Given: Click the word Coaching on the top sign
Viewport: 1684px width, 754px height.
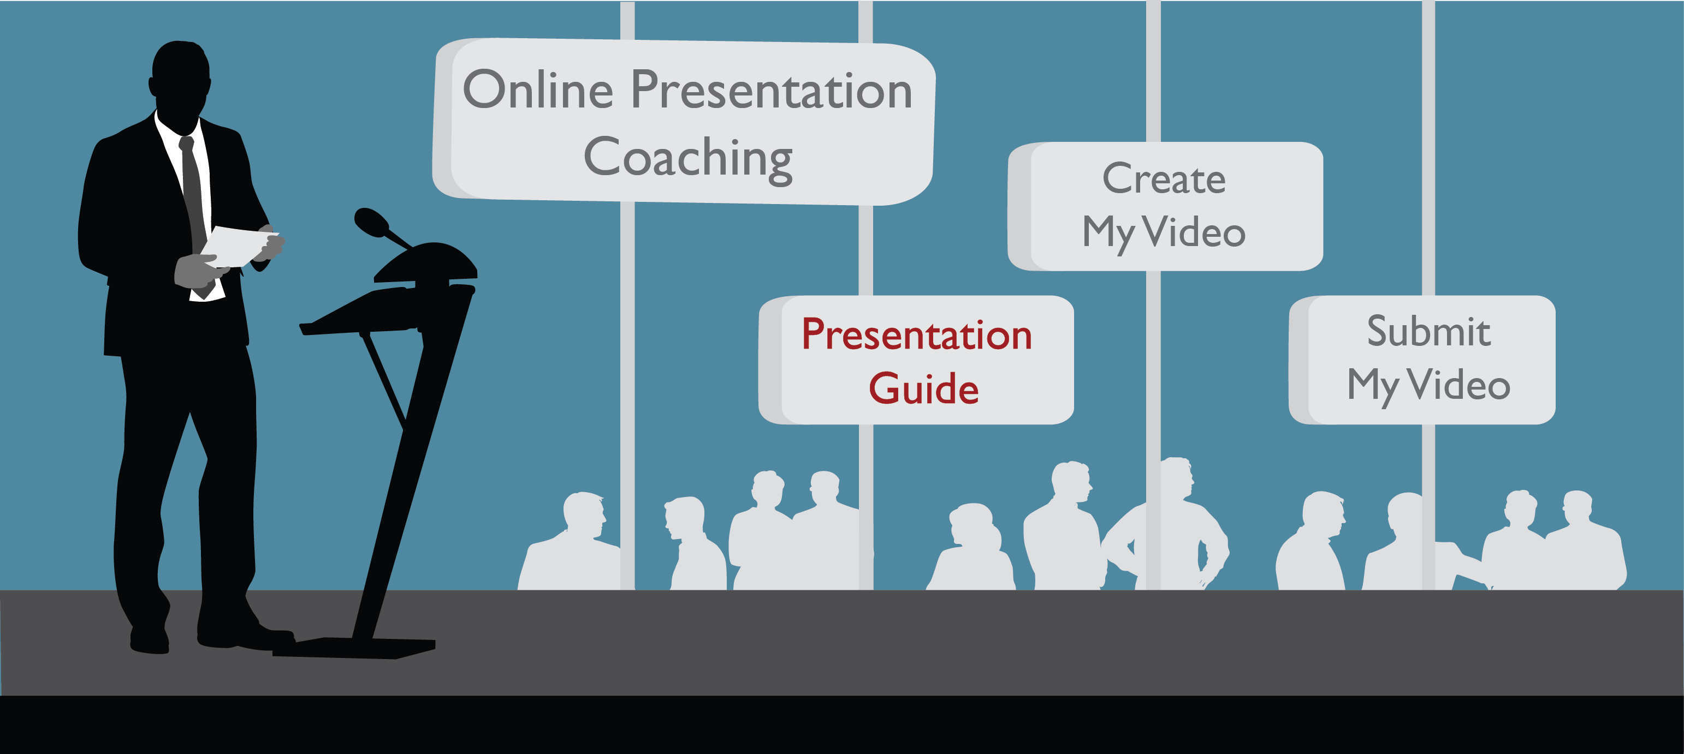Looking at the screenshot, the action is tap(687, 159).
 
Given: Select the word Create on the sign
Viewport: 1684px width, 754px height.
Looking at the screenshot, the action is tap(1164, 178).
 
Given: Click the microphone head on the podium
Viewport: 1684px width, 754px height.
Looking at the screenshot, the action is tap(371, 222).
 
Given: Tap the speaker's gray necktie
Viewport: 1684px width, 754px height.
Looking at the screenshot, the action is tap(193, 196).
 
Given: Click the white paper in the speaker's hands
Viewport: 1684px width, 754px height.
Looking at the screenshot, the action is tap(239, 246).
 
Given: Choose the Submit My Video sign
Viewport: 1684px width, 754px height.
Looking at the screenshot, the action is tap(1422, 360).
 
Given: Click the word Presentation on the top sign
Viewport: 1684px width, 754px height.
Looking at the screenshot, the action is tap(772, 89).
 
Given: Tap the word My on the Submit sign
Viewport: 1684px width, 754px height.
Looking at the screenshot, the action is tap(1372, 387).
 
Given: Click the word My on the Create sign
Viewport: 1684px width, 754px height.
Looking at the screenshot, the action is tap(1108, 234).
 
